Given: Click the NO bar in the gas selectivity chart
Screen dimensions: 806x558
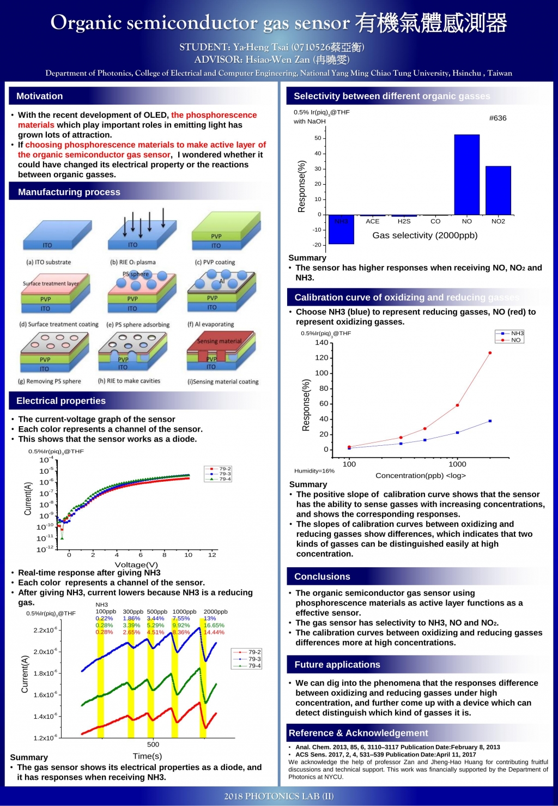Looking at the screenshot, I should [467, 174].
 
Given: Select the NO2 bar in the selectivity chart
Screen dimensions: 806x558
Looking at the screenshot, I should [498, 190].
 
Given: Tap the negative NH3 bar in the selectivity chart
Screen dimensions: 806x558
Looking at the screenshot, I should [341, 229].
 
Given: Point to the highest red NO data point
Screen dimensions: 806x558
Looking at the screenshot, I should [490, 353].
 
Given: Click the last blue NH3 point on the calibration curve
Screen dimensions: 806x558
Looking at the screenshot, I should [490, 421].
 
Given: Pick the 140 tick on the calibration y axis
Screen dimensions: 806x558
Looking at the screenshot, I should [322, 343].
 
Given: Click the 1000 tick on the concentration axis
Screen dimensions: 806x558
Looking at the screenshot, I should [457, 464].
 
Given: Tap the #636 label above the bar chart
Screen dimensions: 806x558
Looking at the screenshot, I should [498, 118].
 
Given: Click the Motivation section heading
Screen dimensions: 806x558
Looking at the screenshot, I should [39, 96].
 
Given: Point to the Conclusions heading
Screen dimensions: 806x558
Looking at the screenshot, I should [322, 577].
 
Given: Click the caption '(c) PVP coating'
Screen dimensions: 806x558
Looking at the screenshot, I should [215, 262].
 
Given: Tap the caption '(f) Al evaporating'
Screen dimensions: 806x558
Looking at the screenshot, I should [210, 324].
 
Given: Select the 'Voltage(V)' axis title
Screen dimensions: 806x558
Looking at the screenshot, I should [136, 565].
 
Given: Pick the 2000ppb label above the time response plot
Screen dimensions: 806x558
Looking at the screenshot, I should [215, 611].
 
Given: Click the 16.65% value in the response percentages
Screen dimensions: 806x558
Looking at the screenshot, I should [214, 626].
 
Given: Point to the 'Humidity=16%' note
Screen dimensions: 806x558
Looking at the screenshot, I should [314, 471].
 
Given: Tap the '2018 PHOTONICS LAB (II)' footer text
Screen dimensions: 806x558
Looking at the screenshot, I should [279, 796].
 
